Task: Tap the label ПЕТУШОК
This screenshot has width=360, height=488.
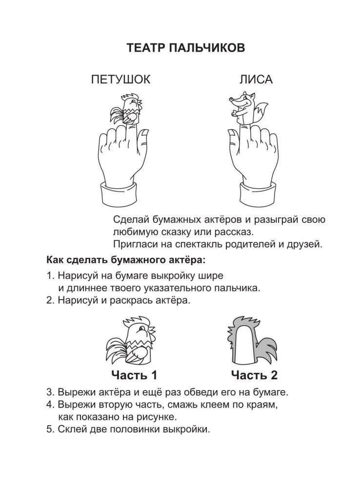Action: click(120, 79)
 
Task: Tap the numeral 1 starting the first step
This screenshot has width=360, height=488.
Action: click(50, 275)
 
